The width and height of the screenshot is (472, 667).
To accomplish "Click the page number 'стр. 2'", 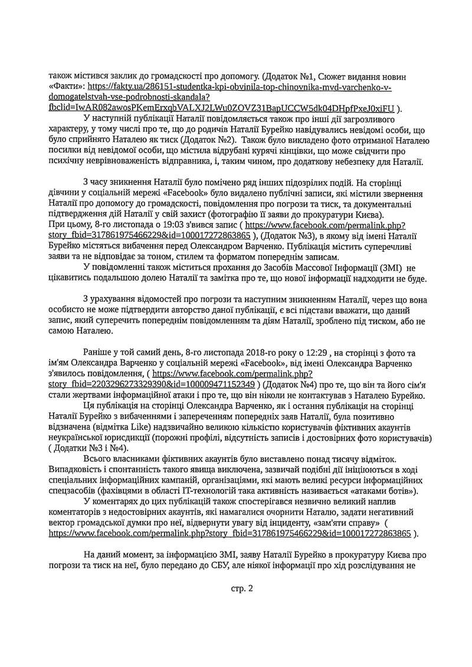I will click(241, 590).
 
